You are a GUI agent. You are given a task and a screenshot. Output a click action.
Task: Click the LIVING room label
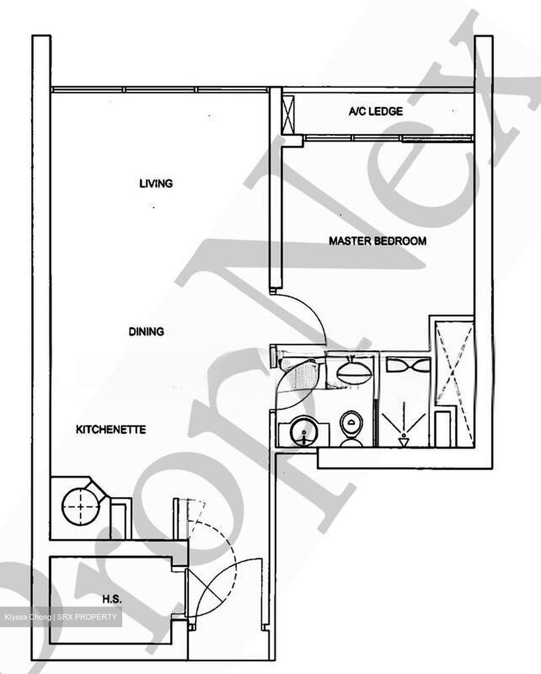[156, 183]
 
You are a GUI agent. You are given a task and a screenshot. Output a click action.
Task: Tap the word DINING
[147, 331]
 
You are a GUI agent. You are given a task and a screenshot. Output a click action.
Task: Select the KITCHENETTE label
[111, 429]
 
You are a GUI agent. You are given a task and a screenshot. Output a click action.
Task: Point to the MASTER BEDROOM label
[378, 241]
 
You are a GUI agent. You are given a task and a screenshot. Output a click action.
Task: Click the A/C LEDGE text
[376, 111]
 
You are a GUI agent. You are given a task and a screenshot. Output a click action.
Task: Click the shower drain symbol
[402, 440]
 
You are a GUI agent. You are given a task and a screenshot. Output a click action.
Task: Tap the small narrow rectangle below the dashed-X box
[443, 428]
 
